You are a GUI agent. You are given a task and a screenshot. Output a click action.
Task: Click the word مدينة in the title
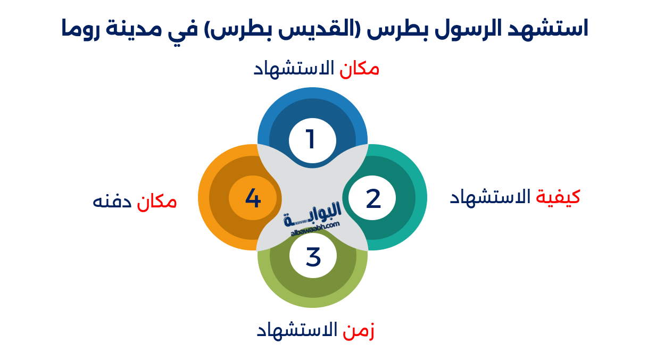tap(130, 28)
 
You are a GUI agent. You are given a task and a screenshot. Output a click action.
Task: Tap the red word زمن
tap(359, 330)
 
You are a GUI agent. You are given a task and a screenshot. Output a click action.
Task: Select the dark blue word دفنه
tap(112, 202)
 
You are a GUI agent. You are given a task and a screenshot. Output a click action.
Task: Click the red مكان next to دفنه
tap(157, 202)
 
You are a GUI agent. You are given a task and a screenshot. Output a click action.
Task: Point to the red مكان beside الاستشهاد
tap(360, 69)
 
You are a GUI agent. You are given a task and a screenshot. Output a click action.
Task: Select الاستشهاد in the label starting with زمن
tap(297, 330)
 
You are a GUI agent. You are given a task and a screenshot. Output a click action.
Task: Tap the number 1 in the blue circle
tap(311, 140)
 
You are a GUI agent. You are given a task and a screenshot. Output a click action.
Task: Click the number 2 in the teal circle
tap(373, 198)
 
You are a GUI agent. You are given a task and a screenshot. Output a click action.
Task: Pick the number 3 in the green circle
tap(313, 257)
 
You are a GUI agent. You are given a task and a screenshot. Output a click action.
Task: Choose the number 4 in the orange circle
tap(253, 198)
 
